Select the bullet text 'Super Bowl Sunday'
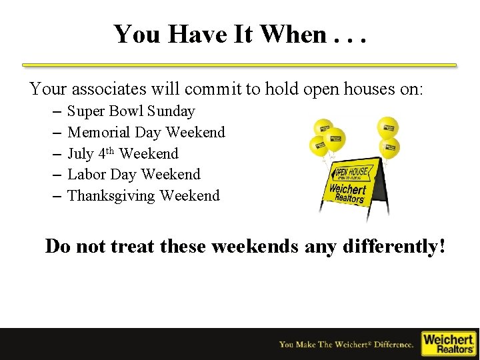[131, 111]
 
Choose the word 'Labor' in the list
[87, 175]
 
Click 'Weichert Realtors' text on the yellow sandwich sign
[348, 194]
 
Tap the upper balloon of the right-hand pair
[387, 127]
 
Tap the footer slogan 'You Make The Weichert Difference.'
[347, 345]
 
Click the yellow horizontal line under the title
[239, 65]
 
